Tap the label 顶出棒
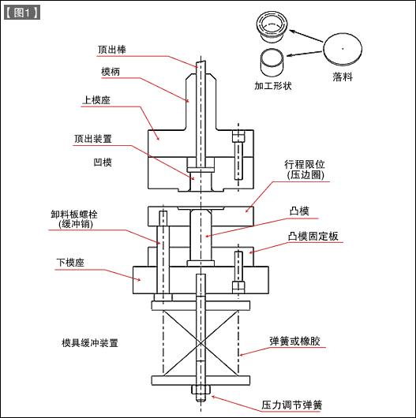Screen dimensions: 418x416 (x=111, y=49)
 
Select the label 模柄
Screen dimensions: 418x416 (x=111, y=72)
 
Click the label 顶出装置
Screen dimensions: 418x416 (x=92, y=138)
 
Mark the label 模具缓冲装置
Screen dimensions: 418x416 (x=89, y=343)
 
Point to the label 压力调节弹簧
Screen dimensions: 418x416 (x=291, y=405)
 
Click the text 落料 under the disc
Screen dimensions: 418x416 (x=342, y=77)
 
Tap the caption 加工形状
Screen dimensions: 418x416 (x=273, y=84)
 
